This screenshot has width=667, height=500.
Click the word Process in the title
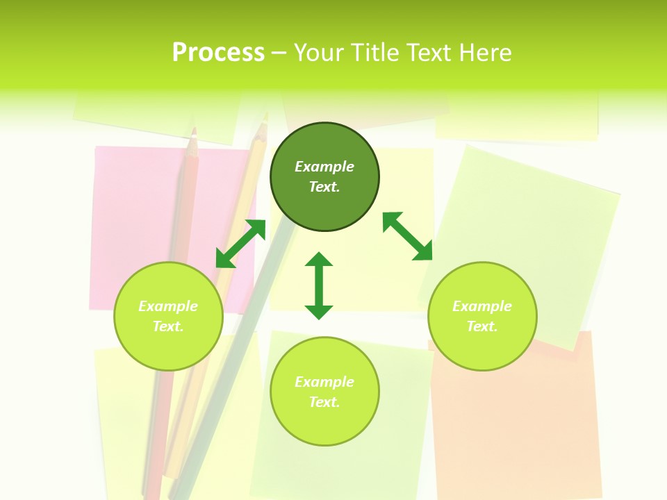[x=218, y=53]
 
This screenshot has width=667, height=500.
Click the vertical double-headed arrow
[x=319, y=286]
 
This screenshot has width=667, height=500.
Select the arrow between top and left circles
[x=240, y=244]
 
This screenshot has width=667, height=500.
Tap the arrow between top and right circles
[x=408, y=236]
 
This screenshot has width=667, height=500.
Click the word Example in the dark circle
[x=324, y=167]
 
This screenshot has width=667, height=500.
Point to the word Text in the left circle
[x=168, y=326]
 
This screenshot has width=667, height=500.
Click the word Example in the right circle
[x=482, y=306]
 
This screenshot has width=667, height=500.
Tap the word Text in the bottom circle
[x=324, y=402]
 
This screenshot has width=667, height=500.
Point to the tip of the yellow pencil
[x=264, y=125]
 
